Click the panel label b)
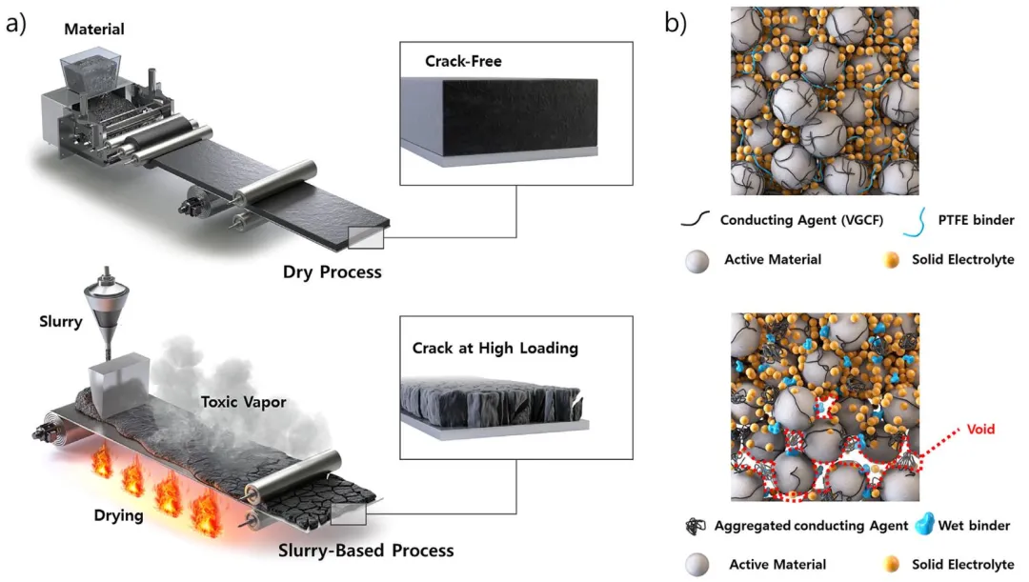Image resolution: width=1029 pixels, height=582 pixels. click(676, 23)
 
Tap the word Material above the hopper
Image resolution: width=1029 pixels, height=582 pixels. click(94, 30)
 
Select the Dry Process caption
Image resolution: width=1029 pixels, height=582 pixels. click(332, 272)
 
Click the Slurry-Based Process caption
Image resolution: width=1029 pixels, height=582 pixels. click(366, 551)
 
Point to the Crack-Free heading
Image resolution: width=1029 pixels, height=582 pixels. click(463, 62)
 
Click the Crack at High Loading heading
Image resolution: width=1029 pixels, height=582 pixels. click(494, 348)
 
